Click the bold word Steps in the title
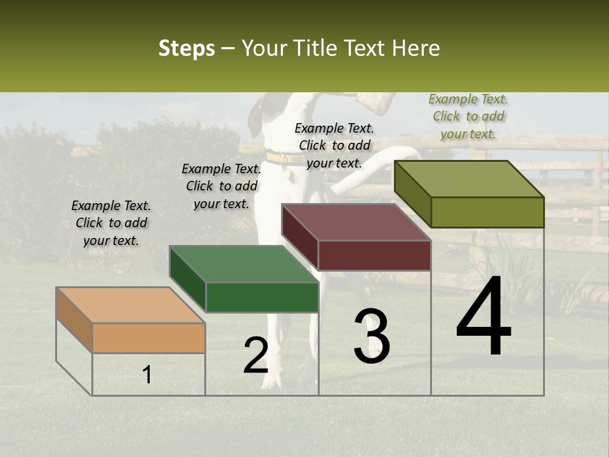(x=187, y=48)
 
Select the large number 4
(x=483, y=317)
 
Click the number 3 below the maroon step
(x=372, y=336)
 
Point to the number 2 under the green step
(x=256, y=355)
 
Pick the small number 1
(x=147, y=374)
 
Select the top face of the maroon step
(x=356, y=222)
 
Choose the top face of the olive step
(x=469, y=179)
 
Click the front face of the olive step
(x=487, y=212)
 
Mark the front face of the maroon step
(x=374, y=255)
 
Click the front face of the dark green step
(x=262, y=297)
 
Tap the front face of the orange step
(x=148, y=338)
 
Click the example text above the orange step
(x=111, y=223)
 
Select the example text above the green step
(x=221, y=186)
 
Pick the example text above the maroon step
(x=334, y=145)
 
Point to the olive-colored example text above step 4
(x=468, y=116)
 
